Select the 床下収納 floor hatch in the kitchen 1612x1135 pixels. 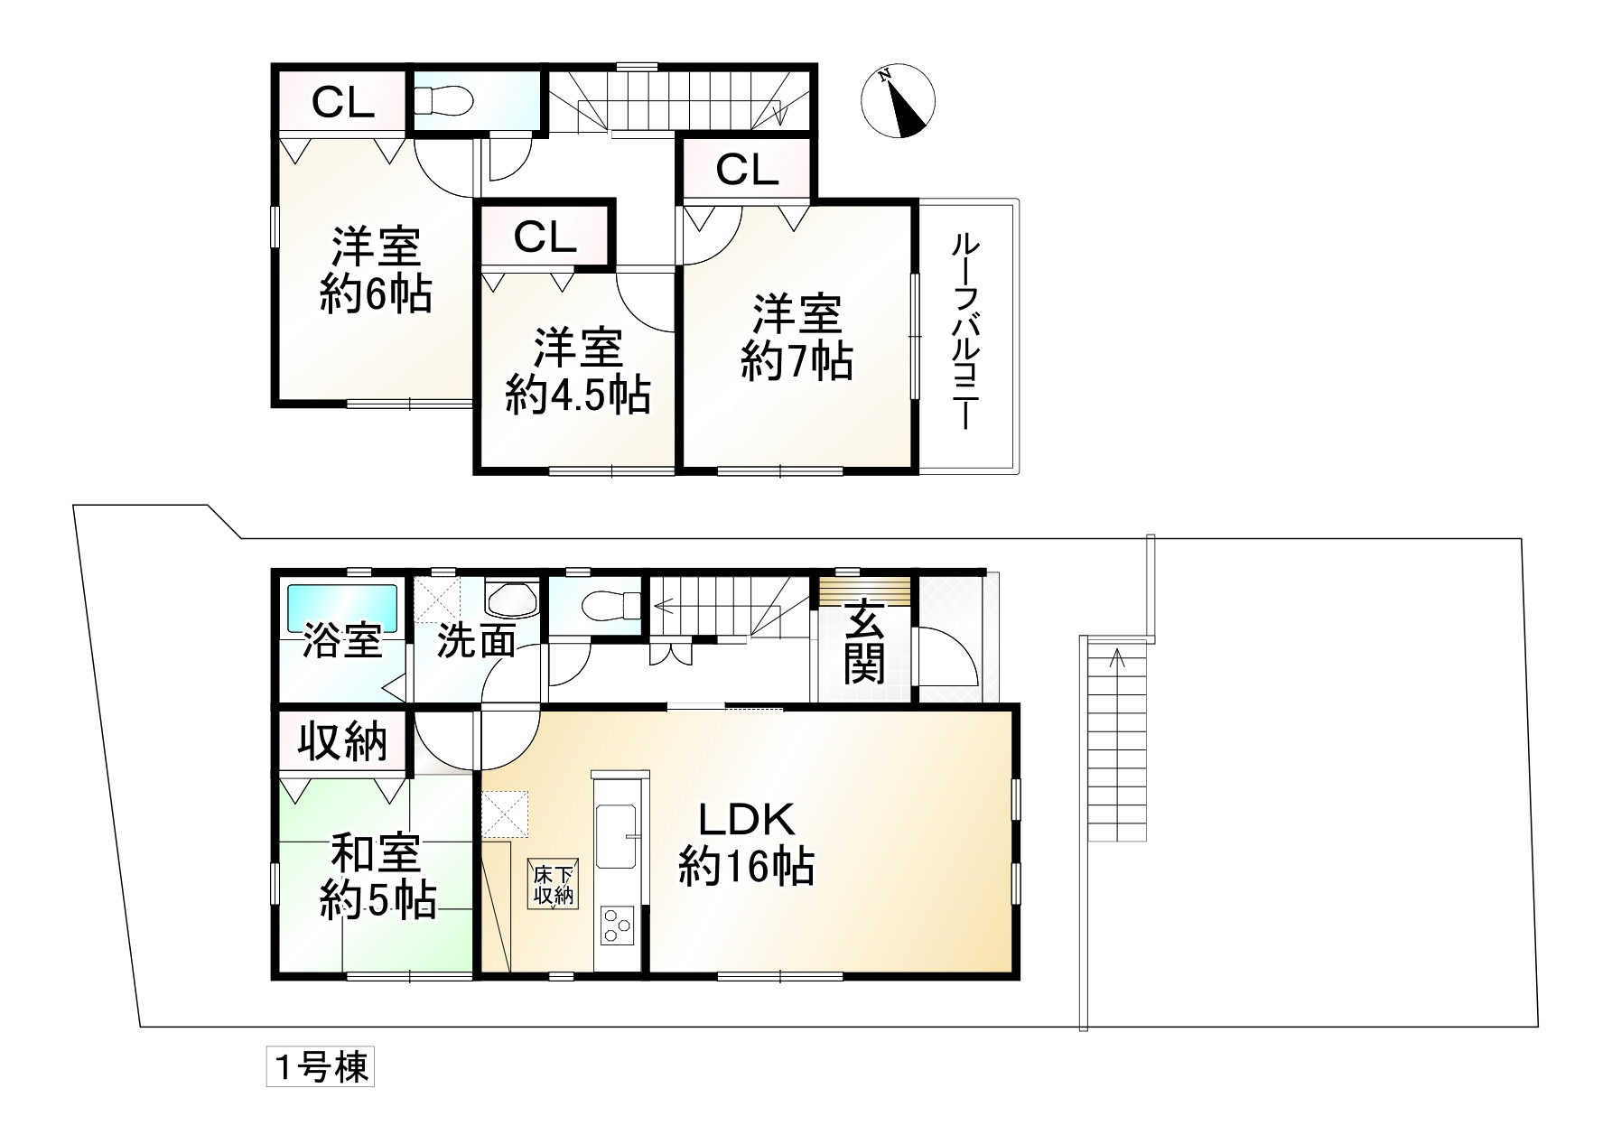[x=554, y=884]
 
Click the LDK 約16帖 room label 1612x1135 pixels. [x=746, y=844]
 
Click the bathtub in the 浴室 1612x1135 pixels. [x=342, y=609]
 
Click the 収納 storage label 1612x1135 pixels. [x=343, y=742]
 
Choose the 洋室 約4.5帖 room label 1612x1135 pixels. [x=577, y=371]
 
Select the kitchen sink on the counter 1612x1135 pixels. [x=618, y=823]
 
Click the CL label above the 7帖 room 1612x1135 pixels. [x=747, y=169]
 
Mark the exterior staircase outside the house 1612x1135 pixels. [x=1117, y=740]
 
